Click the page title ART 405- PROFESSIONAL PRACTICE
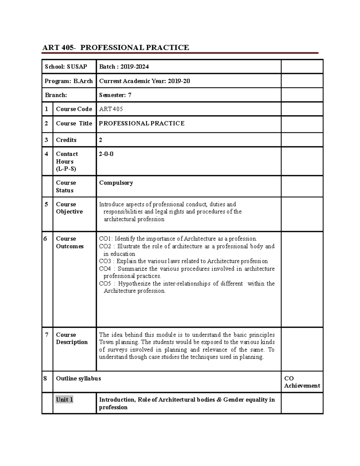[115, 47]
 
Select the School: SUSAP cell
[66, 67]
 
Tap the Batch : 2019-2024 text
[124, 67]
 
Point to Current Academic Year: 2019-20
[144, 81]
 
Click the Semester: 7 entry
[115, 95]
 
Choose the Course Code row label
[74, 109]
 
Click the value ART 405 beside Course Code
[111, 109]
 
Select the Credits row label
[66, 140]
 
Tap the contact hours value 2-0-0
[106, 154]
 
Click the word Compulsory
[116, 183]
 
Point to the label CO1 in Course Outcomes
[105, 239]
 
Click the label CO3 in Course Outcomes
[105, 261]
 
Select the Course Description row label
[72, 338]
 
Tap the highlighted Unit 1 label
[64, 400]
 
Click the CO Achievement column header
[302, 382]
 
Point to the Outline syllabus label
[78, 378]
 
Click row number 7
[46, 335]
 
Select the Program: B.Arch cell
[69, 81]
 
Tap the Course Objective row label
[69, 208]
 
